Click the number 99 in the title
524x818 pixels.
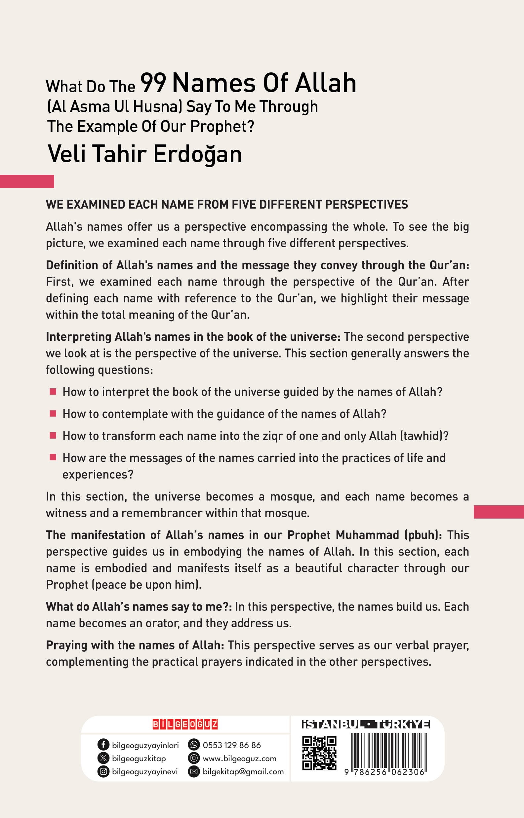pyautogui.click(x=153, y=83)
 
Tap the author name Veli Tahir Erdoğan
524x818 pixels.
pyautogui.click(x=144, y=154)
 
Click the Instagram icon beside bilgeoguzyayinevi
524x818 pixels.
pyautogui.click(x=103, y=771)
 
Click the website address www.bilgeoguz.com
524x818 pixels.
pyautogui.click(x=239, y=758)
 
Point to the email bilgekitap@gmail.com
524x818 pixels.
pyautogui.click(x=243, y=771)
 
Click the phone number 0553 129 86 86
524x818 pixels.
pyautogui.click(x=232, y=745)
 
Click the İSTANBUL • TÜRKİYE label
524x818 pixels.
pyautogui.click(x=366, y=724)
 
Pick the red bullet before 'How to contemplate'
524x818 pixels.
pyautogui.click(x=53, y=413)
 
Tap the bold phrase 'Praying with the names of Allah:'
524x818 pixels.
pyautogui.click(x=135, y=645)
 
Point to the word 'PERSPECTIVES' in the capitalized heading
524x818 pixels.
pyautogui.click(x=366, y=204)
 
